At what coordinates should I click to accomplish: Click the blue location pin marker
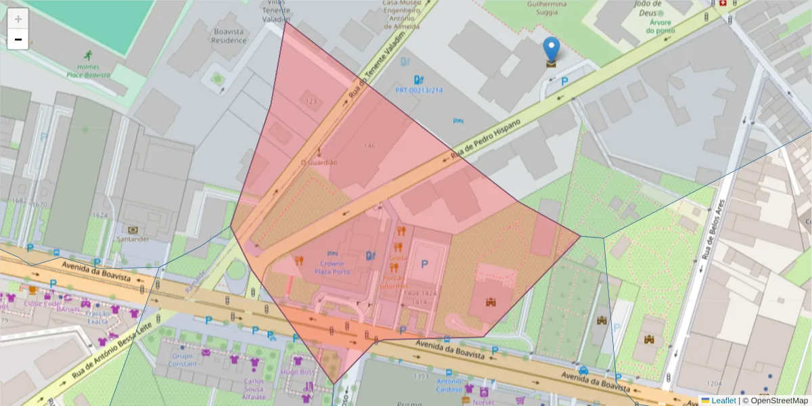pyautogui.click(x=551, y=51)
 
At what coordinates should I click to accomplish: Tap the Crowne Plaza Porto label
pyautogui.click(x=332, y=267)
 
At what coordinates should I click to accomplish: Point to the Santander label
pyautogui.click(x=133, y=239)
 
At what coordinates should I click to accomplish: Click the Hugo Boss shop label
pyautogui.click(x=298, y=371)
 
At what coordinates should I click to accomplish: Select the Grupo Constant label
pyautogui.click(x=183, y=359)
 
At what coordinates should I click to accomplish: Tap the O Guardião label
pyautogui.click(x=319, y=162)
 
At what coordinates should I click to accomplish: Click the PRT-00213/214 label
pyautogui.click(x=419, y=90)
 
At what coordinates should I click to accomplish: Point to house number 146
pyautogui.click(x=369, y=146)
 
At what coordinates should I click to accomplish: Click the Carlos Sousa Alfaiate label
pyautogui.click(x=254, y=386)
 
